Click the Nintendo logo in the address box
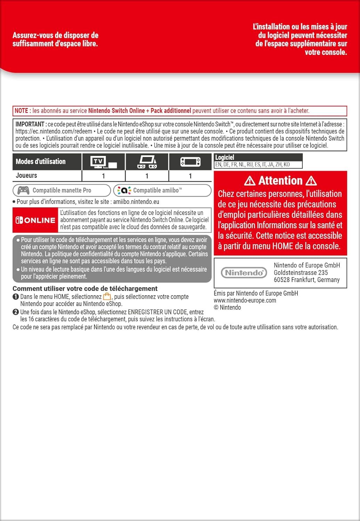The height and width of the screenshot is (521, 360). click(x=244, y=273)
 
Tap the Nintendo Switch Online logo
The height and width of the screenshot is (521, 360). click(x=35, y=220)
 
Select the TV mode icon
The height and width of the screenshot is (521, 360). click(x=103, y=162)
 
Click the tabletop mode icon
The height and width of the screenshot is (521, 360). click(x=147, y=162)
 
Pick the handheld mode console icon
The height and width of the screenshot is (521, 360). click(x=190, y=162)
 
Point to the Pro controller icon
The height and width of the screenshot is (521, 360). click(x=23, y=190)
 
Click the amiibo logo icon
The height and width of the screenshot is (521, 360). click(x=124, y=190)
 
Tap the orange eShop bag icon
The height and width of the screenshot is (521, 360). click(x=107, y=297)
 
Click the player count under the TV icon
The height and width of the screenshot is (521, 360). click(x=103, y=176)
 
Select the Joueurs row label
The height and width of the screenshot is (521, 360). click(x=26, y=176)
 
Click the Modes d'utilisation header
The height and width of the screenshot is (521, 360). click(x=41, y=162)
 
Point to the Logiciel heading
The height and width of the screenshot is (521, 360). click(x=224, y=157)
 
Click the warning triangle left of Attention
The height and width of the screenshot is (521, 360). click(x=249, y=181)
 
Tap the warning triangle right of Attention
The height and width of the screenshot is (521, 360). click(x=311, y=181)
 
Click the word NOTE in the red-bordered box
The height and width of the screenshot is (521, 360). click(x=21, y=111)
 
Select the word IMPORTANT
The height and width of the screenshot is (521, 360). click(x=30, y=124)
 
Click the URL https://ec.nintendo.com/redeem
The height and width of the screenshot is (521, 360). click(x=54, y=131)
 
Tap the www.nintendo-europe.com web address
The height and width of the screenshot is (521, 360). click(x=245, y=300)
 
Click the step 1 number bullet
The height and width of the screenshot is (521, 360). click(x=16, y=297)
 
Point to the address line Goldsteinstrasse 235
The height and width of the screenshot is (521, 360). click(x=301, y=273)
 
